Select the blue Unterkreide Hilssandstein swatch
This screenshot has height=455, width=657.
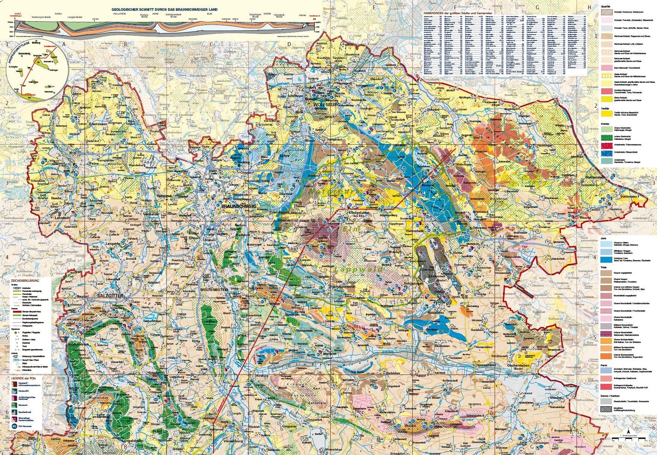pos(607,154)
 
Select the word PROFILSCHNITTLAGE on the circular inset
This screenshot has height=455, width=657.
pos(16,58)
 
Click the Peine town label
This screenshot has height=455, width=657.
pos(93,163)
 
